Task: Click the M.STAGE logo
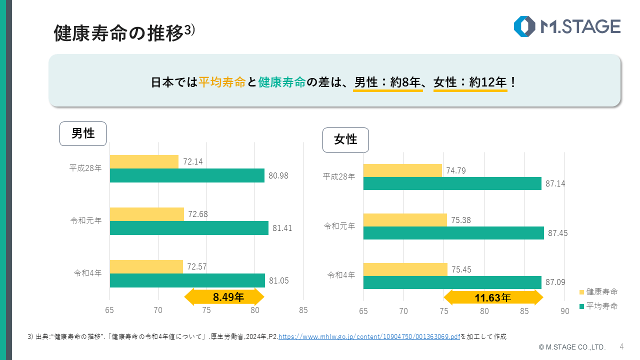(567, 26)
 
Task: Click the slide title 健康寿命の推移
(118, 33)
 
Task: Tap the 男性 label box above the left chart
(83, 133)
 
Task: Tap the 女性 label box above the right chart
(345, 139)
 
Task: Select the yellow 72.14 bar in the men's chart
(144, 161)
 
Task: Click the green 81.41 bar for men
(188, 228)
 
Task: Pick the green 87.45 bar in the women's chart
(453, 233)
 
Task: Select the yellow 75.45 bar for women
(405, 269)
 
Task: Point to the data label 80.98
(278, 175)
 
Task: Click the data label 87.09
(555, 282)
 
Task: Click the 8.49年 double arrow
(224, 297)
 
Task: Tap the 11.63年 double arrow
(493, 298)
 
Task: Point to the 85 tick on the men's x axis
(303, 310)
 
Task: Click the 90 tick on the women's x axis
(564, 311)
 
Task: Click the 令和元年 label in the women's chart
(339, 226)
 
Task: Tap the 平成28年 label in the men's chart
(85, 168)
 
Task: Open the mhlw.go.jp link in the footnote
(369, 337)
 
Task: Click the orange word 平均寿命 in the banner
(221, 82)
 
